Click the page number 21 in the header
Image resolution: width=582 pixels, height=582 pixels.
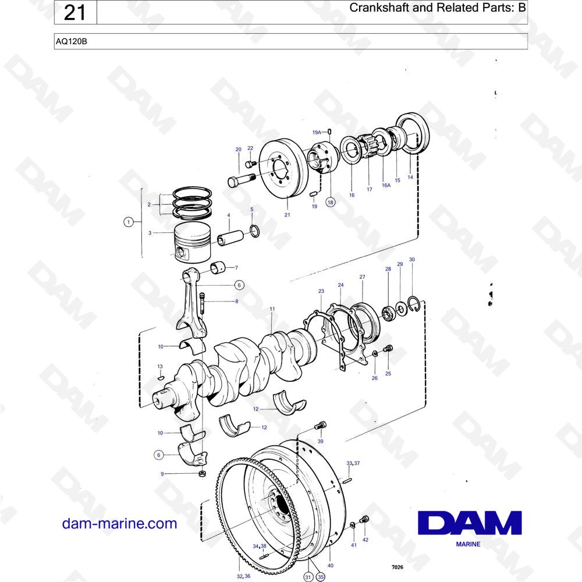75,12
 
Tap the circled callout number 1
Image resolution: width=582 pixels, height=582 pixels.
128,222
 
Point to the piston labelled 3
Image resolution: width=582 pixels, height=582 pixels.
192,242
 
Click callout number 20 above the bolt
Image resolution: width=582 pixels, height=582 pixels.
238,150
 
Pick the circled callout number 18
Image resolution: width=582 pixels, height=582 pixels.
331,202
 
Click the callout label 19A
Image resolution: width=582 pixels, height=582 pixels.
316,133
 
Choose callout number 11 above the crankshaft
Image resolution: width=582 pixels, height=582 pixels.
272,309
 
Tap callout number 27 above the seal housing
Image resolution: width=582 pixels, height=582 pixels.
362,277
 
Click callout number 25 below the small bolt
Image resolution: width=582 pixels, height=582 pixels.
388,374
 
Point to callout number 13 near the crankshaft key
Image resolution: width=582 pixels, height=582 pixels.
159,367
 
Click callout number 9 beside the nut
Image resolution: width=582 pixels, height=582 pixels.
162,474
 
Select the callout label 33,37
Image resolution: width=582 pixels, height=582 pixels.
353,463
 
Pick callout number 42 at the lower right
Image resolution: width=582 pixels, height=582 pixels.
365,540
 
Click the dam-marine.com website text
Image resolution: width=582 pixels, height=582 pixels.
119,523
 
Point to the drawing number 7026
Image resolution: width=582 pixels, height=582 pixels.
396,567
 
